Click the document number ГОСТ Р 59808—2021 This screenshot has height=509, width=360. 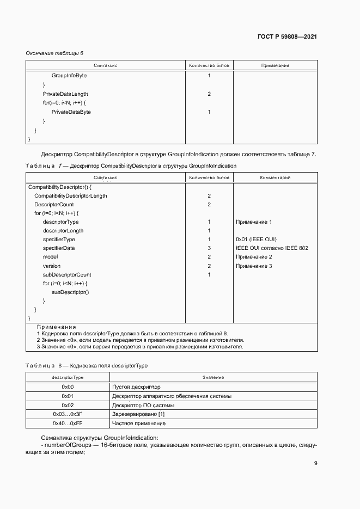click(287, 37)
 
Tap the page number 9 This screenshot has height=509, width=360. click(315, 463)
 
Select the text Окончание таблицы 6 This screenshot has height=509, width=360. click(54, 53)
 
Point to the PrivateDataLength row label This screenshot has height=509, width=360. click(65, 94)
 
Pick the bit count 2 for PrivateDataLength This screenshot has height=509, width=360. click(209, 94)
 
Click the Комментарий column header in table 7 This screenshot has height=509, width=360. click(275, 177)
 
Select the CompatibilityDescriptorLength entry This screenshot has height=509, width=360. click(71, 195)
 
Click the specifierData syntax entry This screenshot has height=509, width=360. click(59, 248)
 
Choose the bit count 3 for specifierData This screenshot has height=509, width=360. click(209, 248)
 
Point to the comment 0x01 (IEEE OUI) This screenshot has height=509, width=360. click(257, 240)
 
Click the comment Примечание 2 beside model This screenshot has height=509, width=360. click(254, 257)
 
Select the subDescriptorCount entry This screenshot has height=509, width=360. click(67, 274)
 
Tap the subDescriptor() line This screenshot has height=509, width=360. click(70, 292)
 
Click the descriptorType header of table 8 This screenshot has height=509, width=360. click(68, 377)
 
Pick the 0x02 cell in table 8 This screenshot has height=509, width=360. click(68, 405)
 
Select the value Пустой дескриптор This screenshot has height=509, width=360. click(136, 387)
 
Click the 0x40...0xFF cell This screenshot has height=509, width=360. click(68, 423)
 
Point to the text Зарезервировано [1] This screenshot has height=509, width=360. click(138, 414)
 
